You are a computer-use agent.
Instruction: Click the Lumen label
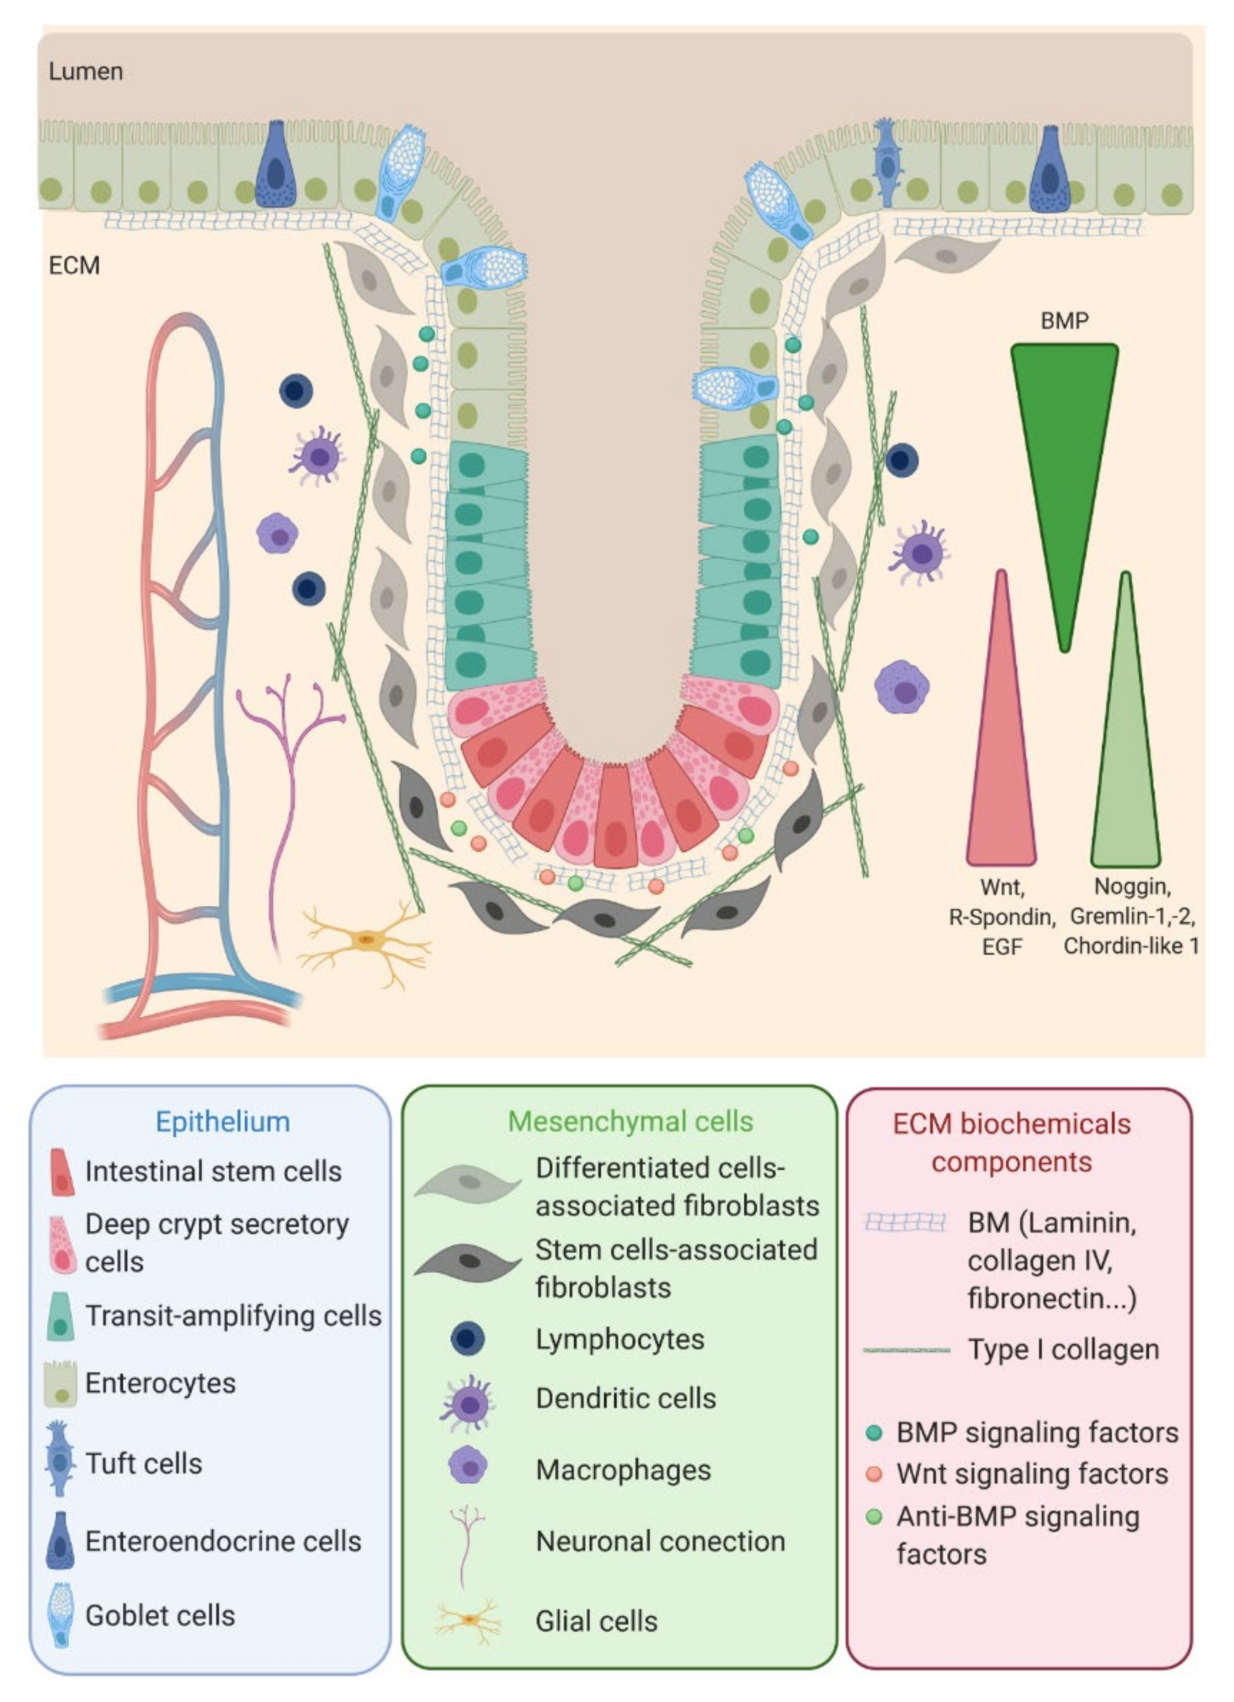click(85, 72)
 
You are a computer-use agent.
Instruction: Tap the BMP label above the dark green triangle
click(1064, 321)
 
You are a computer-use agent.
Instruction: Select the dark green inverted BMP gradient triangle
click(1064, 451)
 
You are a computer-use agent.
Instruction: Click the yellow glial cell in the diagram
click(366, 940)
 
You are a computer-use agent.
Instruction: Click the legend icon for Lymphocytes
click(467, 1339)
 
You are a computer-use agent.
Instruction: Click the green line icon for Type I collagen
click(906, 1350)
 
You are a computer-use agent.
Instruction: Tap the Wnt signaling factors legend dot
click(873, 1474)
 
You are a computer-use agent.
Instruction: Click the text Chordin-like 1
click(1130, 946)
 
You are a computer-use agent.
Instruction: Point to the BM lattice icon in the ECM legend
click(904, 1223)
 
